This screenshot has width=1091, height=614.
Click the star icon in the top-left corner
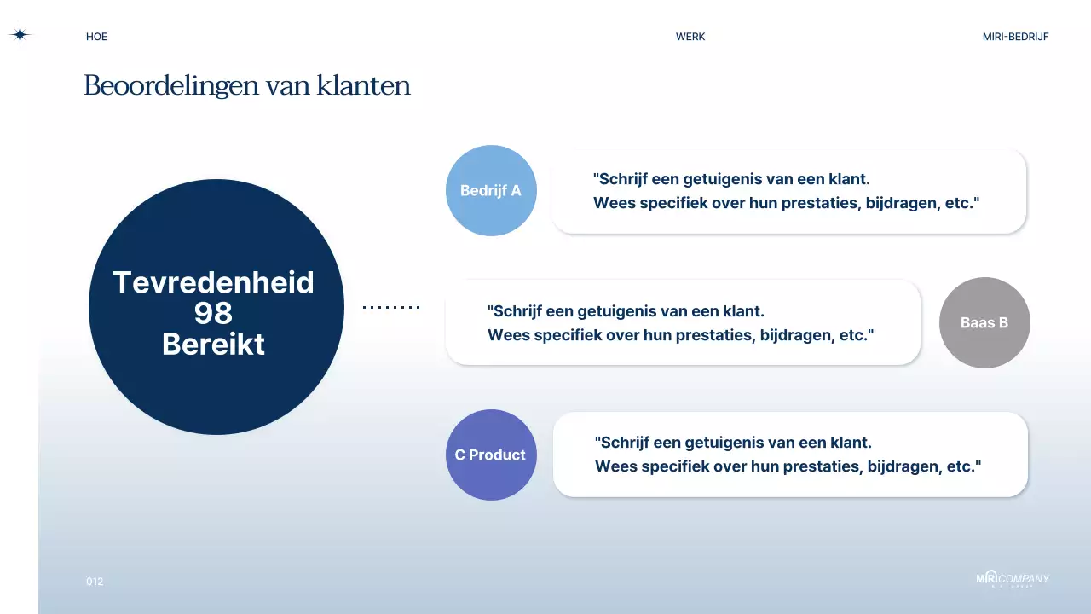[x=20, y=35]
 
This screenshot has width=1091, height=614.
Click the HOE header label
[x=96, y=37]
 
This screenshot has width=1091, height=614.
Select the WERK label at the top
[x=690, y=37]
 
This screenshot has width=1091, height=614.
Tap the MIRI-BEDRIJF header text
[x=1015, y=37]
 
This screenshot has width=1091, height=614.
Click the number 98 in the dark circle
[x=213, y=313]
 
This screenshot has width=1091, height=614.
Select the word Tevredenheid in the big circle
[x=213, y=282]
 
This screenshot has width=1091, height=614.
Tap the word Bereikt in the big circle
[x=213, y=345]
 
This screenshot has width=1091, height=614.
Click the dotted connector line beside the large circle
[x=391, y=307]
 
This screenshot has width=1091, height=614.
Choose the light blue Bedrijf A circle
[x=491, y=191]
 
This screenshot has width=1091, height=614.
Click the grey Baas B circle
[x=984, y=323]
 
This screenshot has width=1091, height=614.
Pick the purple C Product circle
[x=491, y=455]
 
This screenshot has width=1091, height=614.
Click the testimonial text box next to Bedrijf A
[x=788, y=191]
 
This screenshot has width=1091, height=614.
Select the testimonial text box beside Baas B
[x=682, y=323]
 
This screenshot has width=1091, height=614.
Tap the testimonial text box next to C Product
[x=790, y=455]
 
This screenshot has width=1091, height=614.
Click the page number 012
[x=95, y=582]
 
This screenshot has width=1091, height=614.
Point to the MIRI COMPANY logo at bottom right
[x=1013, y=579]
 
